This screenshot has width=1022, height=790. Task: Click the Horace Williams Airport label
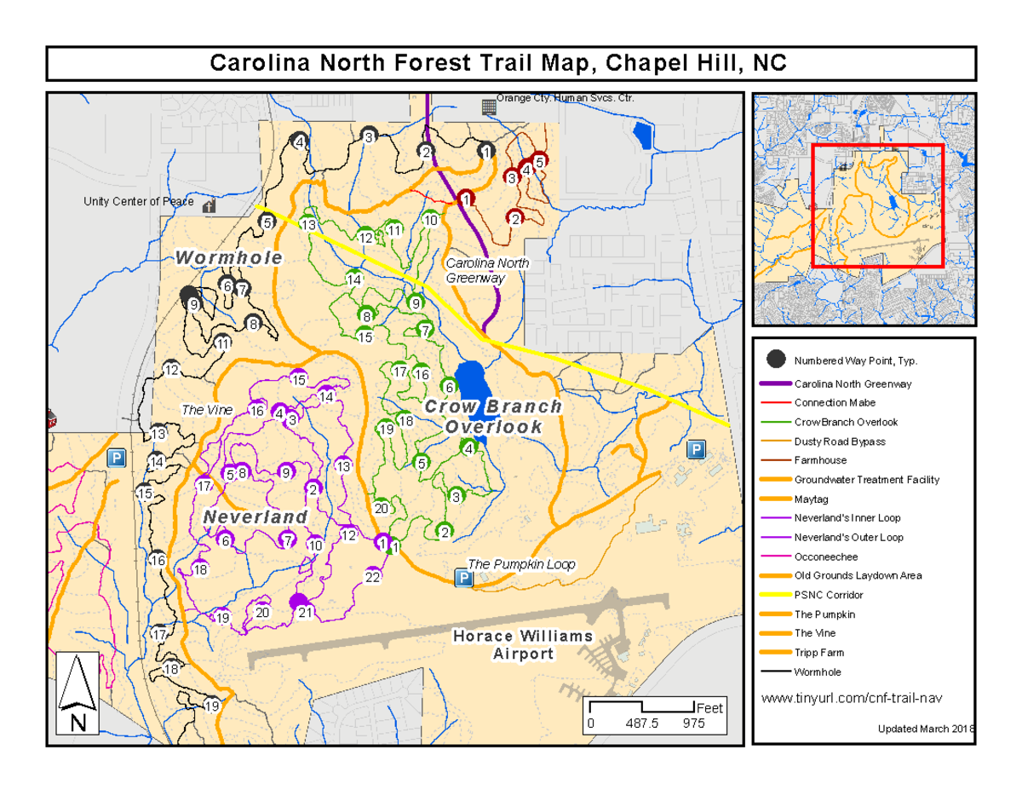[522, 645]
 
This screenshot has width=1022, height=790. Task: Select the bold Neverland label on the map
[255, 517]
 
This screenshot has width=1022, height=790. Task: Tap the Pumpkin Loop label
[521, 564]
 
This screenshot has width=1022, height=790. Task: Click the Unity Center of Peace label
[138, 202]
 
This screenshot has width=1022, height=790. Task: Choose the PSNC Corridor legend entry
[828, 595]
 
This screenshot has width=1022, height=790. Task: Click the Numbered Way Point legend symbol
[775, 360]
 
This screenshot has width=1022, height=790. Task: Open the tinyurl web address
[851, 699]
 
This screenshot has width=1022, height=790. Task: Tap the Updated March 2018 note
[926, 729]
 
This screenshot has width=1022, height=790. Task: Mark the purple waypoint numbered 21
[299, 603]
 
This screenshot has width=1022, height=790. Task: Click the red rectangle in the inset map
[877, 205]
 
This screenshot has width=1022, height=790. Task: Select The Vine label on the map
[207, 410]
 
